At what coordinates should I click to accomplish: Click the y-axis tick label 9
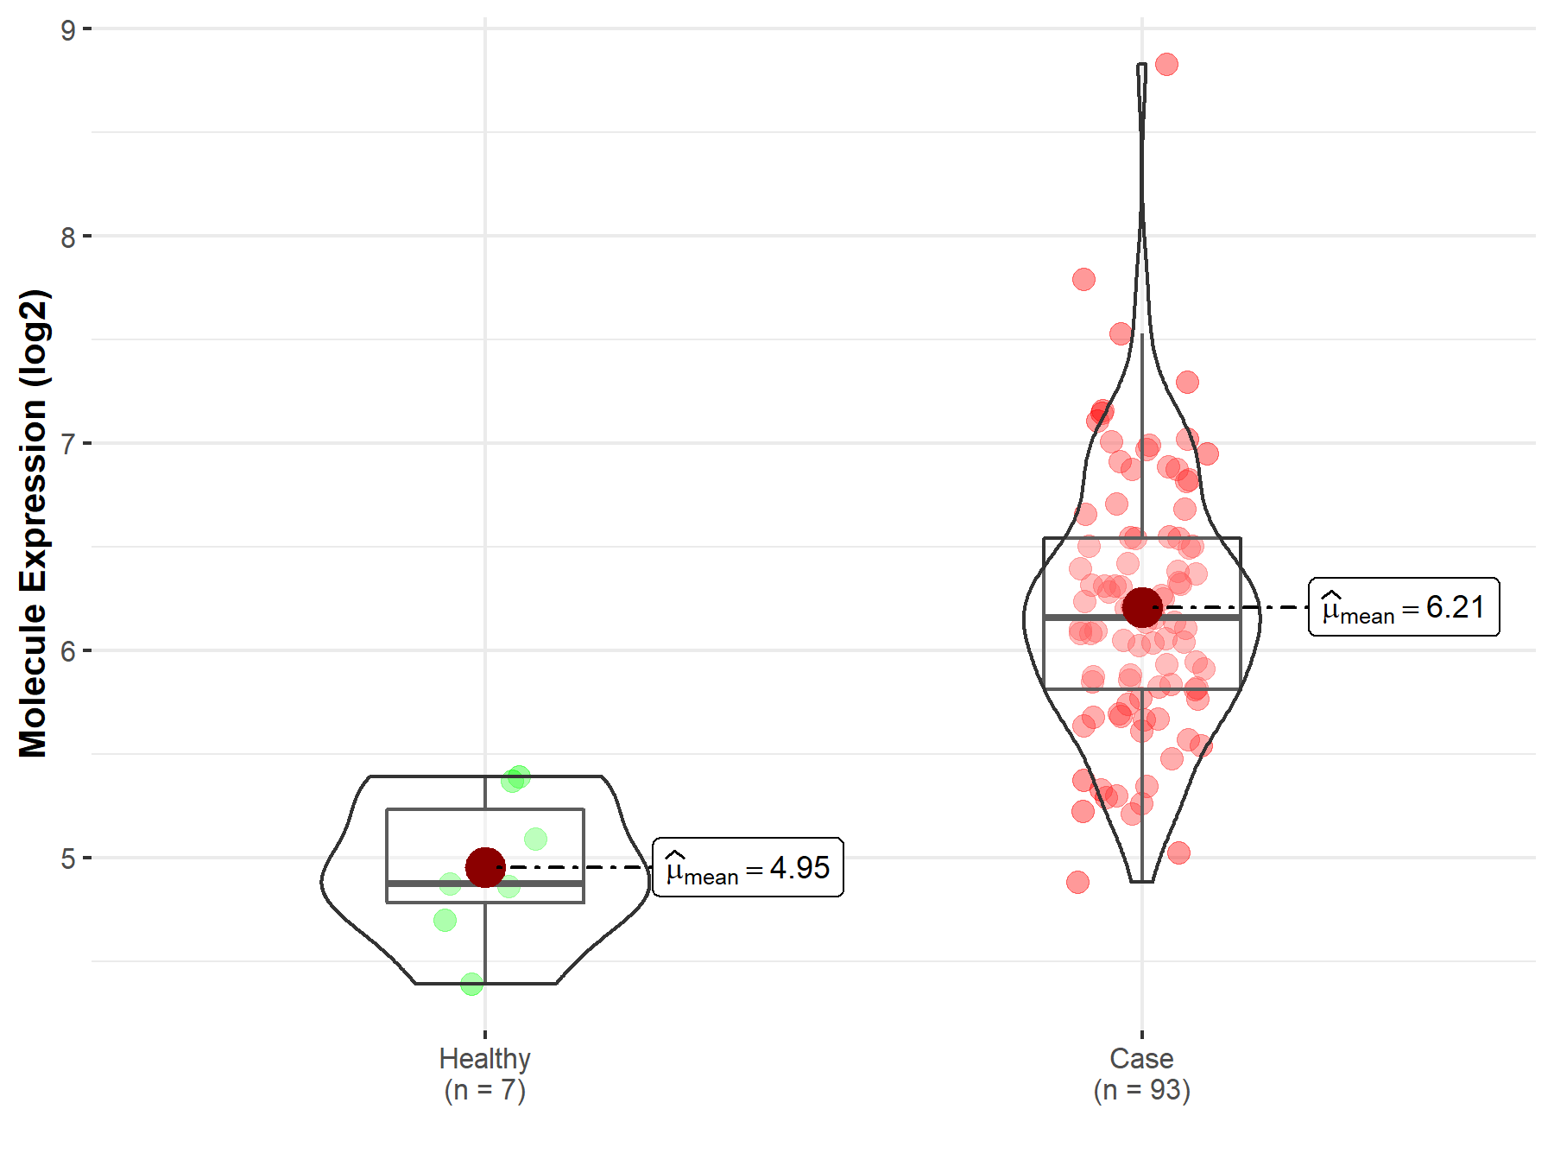click(x=68, y=30)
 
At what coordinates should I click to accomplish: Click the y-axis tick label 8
click(x=68, y=237)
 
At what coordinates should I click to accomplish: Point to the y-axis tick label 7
click(x=68, y=444)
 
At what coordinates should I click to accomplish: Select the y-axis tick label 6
click(x=68, y=651)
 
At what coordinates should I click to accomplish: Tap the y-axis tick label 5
click(x=68, y=859)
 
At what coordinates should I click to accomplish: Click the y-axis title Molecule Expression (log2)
click(x=33, y=523)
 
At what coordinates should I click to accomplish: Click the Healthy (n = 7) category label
click(x=484, y=1074)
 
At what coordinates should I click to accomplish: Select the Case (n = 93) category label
click(x=1141, y=1074)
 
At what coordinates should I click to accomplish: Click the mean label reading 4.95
click(x=748, y=867)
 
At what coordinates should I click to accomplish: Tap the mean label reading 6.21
click(x=1404, y=607)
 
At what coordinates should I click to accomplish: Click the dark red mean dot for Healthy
click(x=485, y=867)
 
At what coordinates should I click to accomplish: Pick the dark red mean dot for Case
click(x=1142, y=607)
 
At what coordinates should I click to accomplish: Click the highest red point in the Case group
click(x=1166, y=64)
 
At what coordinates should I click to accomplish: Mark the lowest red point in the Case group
click(x=1077, y=882)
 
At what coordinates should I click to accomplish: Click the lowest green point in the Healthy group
click(x=471, y=984)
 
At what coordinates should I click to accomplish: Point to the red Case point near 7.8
click(x=1083, y=279)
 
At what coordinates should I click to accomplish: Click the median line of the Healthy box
click(x=535, y=884)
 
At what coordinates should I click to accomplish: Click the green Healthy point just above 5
click(x=535, y=839)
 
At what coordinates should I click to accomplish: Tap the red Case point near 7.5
click(x=1121, y=333)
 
